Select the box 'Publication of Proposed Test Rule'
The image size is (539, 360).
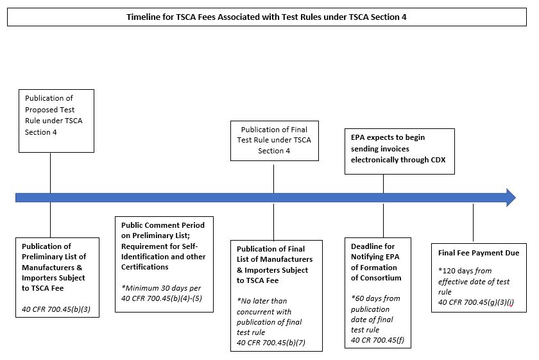click(56, 121)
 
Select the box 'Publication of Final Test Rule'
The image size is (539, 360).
click(273, 140)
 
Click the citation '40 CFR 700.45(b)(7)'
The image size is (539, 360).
click(271, 342)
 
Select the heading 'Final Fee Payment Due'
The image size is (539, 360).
click(479, 253)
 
